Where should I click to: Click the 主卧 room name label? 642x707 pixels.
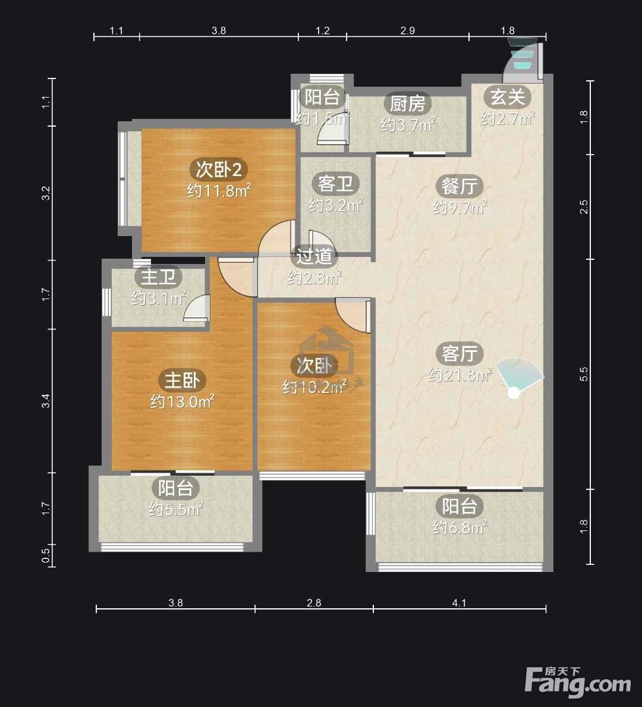point(182,380)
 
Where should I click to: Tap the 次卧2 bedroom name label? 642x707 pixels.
point(219,169)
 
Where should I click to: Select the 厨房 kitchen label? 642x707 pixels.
point(408,103)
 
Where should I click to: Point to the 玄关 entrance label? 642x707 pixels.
point(508,96)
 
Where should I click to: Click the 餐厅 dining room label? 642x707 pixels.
point(460,186)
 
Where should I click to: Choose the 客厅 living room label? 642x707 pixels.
point(460,353)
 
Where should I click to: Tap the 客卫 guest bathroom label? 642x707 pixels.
point(335,184)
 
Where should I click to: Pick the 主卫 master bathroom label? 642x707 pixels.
point(158,276)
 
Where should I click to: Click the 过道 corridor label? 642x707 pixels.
point(314,256)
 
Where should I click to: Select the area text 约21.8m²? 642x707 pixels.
point(460,374)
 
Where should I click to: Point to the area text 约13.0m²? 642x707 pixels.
point(182,401)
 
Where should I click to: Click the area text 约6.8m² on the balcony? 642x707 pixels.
point(460,527)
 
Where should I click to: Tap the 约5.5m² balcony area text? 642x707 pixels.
point(176,509)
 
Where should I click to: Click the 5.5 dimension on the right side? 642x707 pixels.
point(584,374)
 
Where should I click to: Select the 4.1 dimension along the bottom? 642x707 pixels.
point(460,603)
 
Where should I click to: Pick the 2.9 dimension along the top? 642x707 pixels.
point(408,30)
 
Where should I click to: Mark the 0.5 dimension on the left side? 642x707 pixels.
point(46,555)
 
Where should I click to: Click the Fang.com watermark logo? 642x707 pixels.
point(578,681)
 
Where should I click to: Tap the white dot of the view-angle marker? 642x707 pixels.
point(514,392)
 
